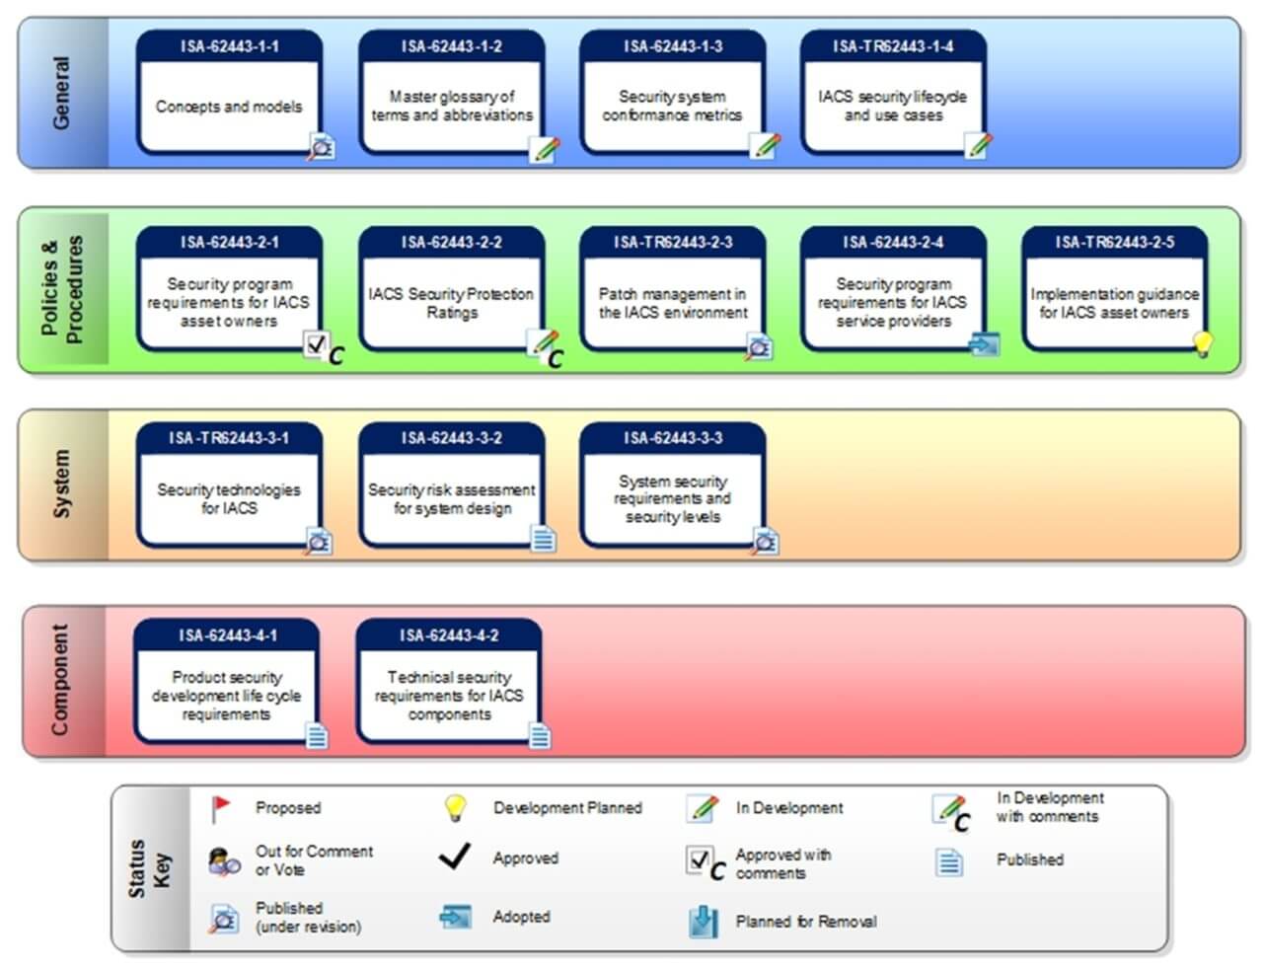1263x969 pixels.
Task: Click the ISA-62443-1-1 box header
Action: (x=229, y=46)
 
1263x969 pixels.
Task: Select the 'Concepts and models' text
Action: (x=229, y=107)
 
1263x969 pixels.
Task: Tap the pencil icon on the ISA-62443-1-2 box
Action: (x=545, y=149)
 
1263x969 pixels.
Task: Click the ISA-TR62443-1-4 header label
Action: (x=893, y=46)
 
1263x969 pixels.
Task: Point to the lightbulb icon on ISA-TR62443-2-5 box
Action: (x=1202, y=343)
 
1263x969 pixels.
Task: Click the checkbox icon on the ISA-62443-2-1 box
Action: (x=317, y=344)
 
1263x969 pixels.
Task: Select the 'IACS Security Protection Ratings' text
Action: (x=451, y=303)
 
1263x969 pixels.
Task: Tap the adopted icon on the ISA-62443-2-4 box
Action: (x=984, y=343)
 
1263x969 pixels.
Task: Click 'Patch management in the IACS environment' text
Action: (x=673, y=303)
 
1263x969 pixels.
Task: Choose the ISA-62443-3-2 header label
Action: (x=451, y=438)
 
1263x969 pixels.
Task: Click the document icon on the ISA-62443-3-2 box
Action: (x=544, y=539)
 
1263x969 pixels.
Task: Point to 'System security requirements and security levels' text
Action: (x=673, y=498)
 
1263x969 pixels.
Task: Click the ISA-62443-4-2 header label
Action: (x=449, y=635)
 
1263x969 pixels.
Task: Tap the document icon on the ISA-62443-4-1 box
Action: (x=317, y=736)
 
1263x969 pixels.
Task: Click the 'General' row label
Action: (x=61, y=93)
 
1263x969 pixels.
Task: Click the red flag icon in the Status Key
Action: (x=221, y=808)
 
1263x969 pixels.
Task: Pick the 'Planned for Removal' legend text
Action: (x=805, y=922)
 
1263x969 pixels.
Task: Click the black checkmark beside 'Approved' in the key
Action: (x=454, y=857)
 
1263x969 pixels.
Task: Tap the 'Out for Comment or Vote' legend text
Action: (x=314, y=860)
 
